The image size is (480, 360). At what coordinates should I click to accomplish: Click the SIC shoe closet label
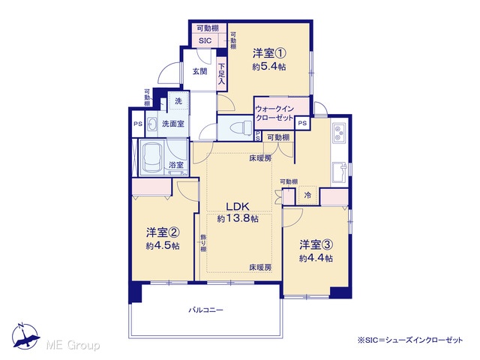(x=205, y=40)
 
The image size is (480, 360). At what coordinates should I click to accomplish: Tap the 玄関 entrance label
(x=200, y=72)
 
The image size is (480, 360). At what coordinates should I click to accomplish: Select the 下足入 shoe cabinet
(x=222, y=73)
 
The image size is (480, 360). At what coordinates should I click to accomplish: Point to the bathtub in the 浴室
(x=153, y=158)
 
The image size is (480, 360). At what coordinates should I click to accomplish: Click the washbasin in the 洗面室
(x=151, y=124)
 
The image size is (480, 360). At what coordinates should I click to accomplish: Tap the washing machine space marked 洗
(x=178, y=101)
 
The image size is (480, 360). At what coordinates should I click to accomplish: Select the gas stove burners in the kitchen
(x=339, y=133)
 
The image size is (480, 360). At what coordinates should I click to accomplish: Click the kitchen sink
(x=340, y=172)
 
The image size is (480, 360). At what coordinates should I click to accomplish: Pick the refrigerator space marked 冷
(x=307, y=195)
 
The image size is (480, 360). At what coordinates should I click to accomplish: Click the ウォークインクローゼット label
(x=274, y=113)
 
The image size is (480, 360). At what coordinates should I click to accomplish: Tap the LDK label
(x=238, y=207)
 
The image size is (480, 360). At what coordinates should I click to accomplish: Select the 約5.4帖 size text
(x=269, y=67)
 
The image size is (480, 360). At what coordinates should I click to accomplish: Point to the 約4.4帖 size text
(x=316, y=258)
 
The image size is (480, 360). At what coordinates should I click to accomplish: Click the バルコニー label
(x=205, y=310)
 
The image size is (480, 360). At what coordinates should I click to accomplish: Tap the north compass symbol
(x=25, y=337)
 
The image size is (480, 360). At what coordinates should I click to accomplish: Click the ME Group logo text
(x=73, y=345)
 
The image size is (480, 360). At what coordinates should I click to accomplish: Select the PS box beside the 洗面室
(x=138, y=124)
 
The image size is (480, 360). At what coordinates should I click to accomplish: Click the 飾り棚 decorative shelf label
(x=203, y=243)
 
